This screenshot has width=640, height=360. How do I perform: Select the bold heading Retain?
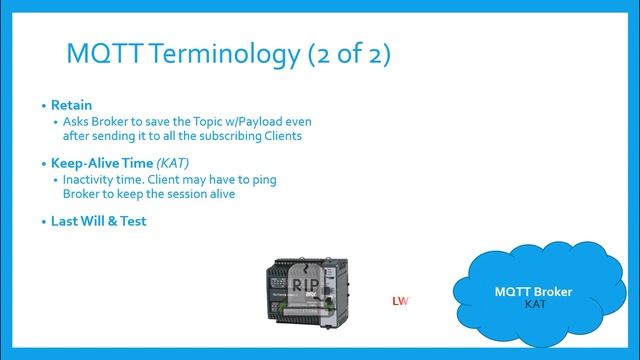[72, 105]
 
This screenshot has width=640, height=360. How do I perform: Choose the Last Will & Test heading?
[99, 221]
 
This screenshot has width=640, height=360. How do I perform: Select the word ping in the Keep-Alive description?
[263, 180]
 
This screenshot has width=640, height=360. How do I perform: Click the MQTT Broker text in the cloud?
[534, 292]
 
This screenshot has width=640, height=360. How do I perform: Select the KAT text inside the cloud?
[535, 303]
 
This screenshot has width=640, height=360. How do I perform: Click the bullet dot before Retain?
[43, 105]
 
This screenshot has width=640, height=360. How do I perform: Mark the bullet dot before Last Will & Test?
[43, 221]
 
